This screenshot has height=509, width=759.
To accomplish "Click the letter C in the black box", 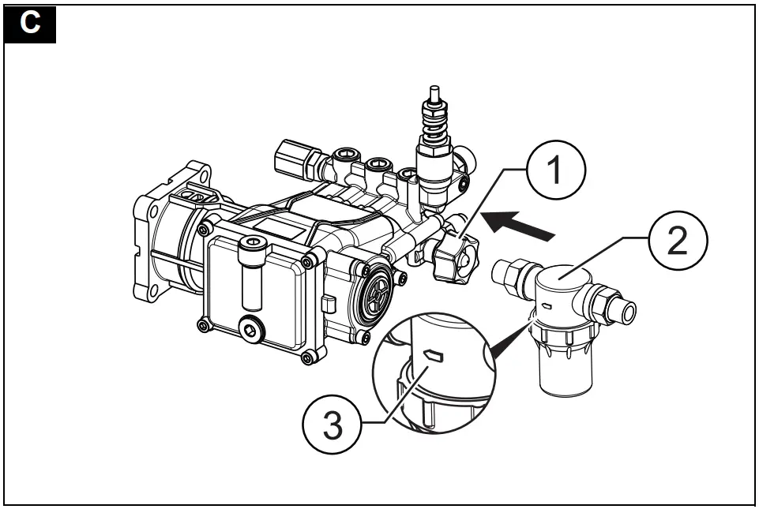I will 30,23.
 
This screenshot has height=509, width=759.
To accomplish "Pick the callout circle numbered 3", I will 331,426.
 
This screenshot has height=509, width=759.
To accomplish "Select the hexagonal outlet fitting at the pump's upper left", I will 290,159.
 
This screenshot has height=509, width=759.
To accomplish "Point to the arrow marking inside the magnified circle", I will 433,356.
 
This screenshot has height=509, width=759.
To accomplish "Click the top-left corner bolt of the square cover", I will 204,229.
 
